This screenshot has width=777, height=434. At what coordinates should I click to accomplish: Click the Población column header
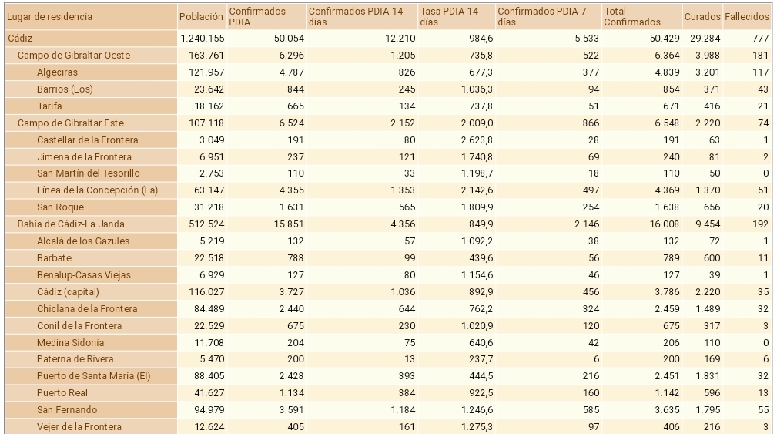point(201,16)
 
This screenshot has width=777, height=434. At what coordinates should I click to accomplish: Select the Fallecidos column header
point(747,16)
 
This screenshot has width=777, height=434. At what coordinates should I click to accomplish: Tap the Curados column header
point(702,16)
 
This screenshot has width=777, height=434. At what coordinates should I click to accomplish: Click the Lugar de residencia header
point(50,16)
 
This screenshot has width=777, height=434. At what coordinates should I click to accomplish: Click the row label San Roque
point(60,207)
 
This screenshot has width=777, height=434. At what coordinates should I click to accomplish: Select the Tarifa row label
point(49,106)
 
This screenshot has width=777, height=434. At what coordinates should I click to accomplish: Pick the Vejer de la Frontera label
point(79,426)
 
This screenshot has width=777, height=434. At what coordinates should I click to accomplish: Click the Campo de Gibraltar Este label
point(71,123)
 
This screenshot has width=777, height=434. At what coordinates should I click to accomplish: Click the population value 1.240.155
point(201,38)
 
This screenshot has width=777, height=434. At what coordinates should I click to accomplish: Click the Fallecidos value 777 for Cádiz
point(759,38)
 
